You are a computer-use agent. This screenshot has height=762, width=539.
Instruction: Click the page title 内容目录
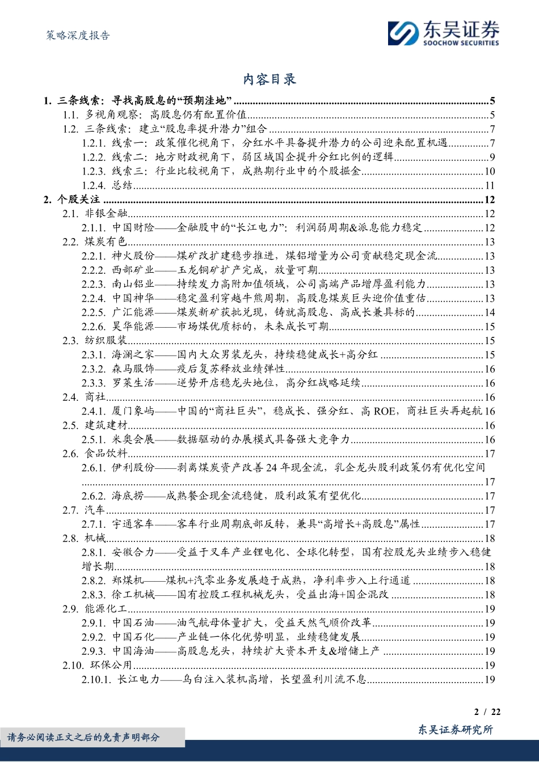click(269, 80)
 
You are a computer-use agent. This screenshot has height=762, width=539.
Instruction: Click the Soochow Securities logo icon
click(403, 33)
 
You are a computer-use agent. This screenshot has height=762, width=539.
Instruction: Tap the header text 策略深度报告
click(78, 36)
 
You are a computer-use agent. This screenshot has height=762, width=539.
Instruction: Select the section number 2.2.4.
click(93, 298)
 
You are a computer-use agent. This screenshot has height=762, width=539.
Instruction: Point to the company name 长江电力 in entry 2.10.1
click(139, 679)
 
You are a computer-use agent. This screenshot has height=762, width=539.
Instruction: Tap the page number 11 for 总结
click(489, 185)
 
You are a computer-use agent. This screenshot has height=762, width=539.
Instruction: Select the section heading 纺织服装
click(106, 341)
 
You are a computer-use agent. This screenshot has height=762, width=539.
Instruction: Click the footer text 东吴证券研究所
click(455, 730)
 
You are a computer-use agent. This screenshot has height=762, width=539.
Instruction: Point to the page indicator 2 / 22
click(487, 712)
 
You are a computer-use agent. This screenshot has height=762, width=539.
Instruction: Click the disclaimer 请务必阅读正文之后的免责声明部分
click(83, 738)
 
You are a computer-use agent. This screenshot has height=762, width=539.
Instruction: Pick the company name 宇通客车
click(133, 524)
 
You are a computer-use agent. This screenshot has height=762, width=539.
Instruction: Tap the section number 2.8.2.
click(93, 581)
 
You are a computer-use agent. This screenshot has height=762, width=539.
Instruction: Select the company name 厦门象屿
click(133, 411)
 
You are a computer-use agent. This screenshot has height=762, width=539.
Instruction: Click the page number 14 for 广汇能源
click(489, 312)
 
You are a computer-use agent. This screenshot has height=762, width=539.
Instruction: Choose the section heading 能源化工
click(106, 609)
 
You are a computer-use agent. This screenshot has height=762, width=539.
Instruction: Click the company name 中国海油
click(133, 651)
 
